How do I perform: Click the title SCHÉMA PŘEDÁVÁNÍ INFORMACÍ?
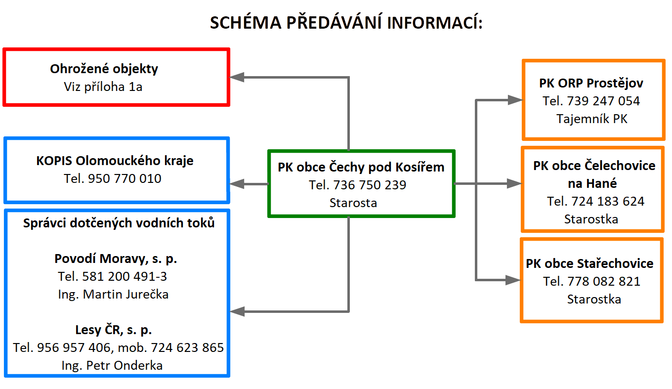pos(346,23)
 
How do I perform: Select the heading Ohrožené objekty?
pos(104,69)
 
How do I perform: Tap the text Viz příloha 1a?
pos(103,87)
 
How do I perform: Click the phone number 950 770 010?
pos(125,179)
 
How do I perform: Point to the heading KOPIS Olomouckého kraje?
pos(115,161)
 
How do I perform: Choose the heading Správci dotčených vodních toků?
pos(119,223)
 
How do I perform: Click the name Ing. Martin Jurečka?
pos(113,295)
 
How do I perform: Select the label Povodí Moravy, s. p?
pos(116,259)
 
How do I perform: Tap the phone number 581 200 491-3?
pos(125,276)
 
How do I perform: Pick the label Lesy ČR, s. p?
pos(114,330)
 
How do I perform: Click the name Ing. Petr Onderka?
pos(112,366)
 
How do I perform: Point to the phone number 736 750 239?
pos(370,185)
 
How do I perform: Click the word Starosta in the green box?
pos(353,203)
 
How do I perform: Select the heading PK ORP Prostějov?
pos(591,84)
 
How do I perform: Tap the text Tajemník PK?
pos(592,119)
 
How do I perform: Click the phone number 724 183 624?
pos(608,201)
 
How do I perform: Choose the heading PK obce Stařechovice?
pos(589,263)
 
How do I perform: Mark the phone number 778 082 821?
pos(604,282)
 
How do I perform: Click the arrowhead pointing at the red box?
pos(237,77)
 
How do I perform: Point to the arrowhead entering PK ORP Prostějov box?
pos(515,100)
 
